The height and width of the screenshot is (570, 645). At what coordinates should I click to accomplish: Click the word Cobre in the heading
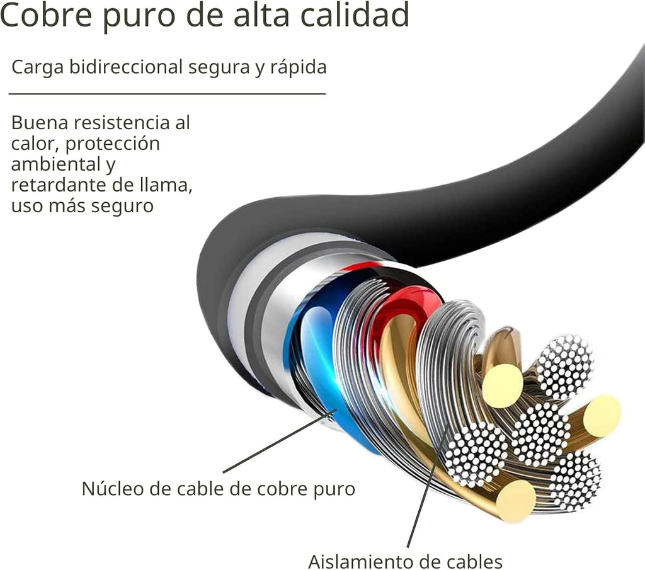click(x=46, y=15)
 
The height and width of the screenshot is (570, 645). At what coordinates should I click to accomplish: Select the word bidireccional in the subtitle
click(x=126, y=67)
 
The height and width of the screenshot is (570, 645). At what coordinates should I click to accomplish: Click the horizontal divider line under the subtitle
click(x=167, y=94)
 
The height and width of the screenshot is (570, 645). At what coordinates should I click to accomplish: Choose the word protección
click(x=112, y=144)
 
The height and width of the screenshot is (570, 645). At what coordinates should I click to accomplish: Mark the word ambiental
click(x=55, y=164)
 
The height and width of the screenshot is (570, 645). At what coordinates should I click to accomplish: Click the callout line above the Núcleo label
click(x=280, y=442)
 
